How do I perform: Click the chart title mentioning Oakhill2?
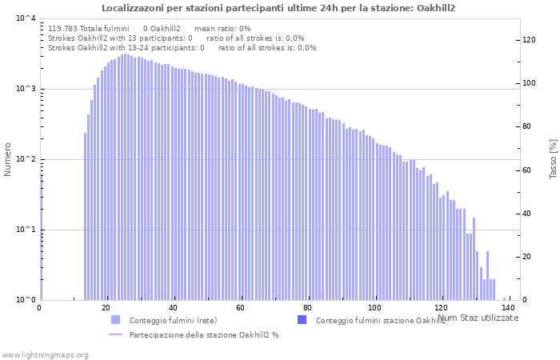click(x=279, y=8)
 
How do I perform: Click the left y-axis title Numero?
click(x=8, y=160)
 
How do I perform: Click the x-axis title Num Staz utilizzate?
click(x=478, y=318)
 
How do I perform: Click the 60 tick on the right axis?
click(x=527, y=170)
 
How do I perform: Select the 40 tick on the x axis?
click(x=174, y=308)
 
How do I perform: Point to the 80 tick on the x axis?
click(x=307, y=308)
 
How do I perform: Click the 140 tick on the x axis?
click(x=508, y=308)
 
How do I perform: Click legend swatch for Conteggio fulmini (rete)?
click(x=115, y=320)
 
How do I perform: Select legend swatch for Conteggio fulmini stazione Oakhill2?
click(x=302, y=320)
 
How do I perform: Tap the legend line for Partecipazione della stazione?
click(x=115, y=334)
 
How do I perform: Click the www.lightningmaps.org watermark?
click(x=45, y=354)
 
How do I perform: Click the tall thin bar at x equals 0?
click(x=41, y=240)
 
